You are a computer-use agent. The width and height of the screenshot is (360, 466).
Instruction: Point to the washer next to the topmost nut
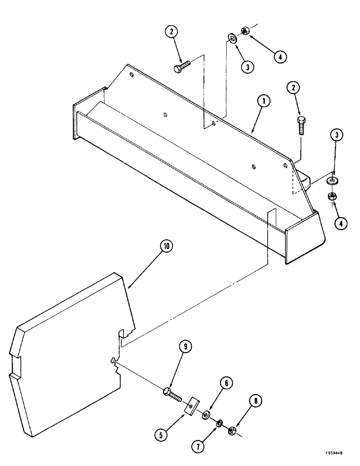click(x=232, y=38)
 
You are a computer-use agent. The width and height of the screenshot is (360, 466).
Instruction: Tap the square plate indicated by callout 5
click(x=191, y=405)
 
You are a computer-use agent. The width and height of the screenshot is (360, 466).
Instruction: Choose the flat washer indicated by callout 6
click(x=206, y=414)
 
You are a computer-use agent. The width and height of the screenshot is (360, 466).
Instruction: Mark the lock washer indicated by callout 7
click(x=218, y=423)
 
